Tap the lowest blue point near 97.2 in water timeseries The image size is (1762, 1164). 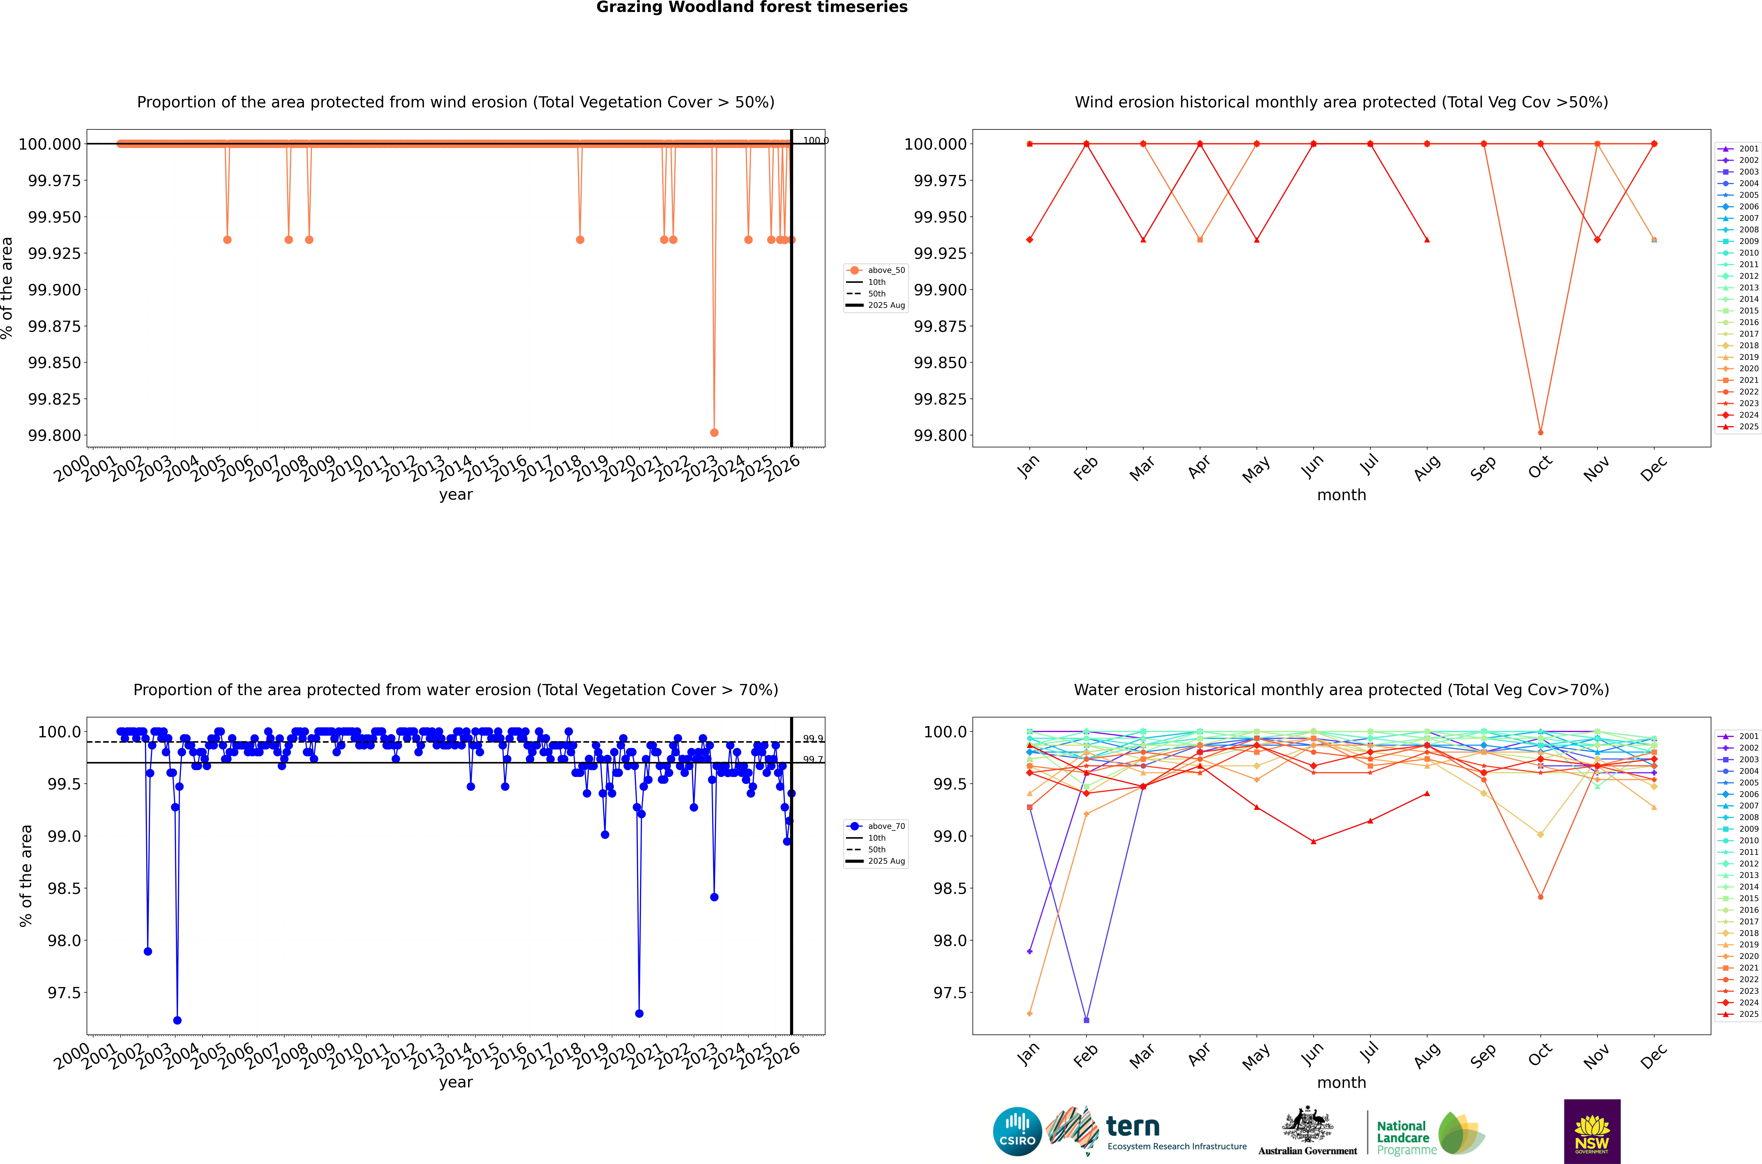click(177, 1020)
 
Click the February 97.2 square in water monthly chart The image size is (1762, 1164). click(1086, 1020)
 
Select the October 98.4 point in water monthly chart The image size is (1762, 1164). click(1541, 897)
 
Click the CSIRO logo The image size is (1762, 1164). click(1017, 1131)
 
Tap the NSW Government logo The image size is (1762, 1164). click(1592, 1131)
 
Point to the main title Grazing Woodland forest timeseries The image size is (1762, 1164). click(752, 7)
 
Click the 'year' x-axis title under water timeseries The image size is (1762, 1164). click(456, 1082)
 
